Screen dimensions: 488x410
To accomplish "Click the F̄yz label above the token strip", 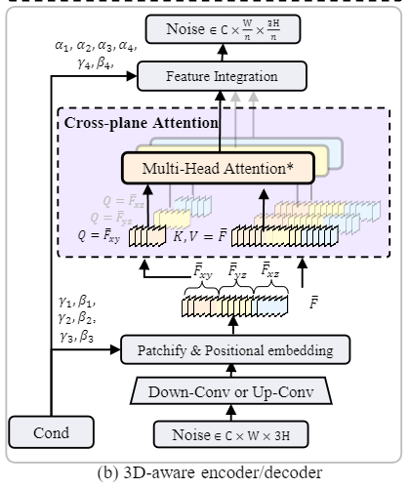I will tap(238, 268).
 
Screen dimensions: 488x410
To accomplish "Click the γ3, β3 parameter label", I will tap(76, 337).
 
